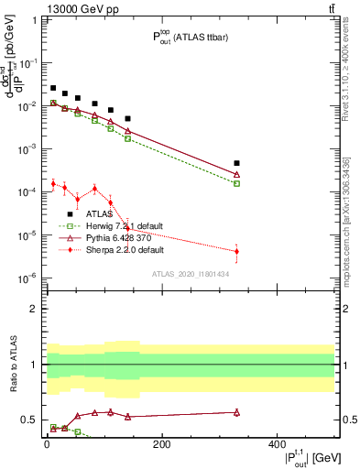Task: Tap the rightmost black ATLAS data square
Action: pos(237,164)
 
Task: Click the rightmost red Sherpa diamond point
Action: pos(237,251)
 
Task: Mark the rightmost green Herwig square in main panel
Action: pos(237,183)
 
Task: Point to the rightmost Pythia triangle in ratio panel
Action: pos(237,412)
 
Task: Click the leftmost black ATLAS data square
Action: pos(53,88)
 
